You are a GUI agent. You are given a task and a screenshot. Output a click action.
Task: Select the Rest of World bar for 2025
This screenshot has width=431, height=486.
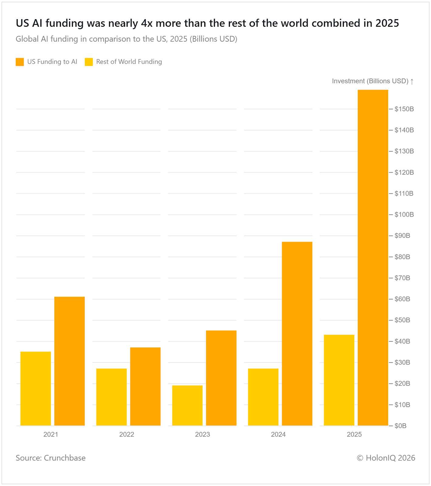pos(339,380)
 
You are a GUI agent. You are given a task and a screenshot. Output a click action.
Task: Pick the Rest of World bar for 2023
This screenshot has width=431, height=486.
pos(187,406)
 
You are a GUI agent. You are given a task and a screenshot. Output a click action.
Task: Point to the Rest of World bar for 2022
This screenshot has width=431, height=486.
pos(111,397)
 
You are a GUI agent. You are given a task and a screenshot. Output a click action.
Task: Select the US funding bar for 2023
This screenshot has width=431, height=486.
pos(221,378)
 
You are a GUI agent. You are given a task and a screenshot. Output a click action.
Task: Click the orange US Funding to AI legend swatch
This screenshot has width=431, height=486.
pos(20,62)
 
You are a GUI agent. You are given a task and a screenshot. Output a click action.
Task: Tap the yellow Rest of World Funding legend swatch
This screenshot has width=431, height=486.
pos(89,62)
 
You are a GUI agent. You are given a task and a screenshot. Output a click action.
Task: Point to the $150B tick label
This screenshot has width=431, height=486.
pos(404,109)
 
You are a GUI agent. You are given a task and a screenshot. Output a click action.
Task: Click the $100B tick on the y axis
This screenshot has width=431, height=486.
pos(404,215)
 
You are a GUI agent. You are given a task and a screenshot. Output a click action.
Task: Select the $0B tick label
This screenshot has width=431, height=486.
pos(400,426)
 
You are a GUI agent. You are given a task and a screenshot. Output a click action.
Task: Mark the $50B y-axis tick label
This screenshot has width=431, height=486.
pos(402,320)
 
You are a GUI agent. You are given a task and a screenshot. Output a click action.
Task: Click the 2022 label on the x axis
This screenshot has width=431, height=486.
pos(126,434)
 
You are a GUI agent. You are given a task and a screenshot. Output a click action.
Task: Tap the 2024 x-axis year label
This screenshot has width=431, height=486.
pos(278,434)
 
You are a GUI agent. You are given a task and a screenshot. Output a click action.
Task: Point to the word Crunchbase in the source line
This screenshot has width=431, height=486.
pos(65,458)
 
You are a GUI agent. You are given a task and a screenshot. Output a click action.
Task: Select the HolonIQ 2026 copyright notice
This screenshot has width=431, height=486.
pos(386,458)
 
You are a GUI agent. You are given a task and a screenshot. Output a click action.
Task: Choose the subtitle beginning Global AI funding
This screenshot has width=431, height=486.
pos(126,39)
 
